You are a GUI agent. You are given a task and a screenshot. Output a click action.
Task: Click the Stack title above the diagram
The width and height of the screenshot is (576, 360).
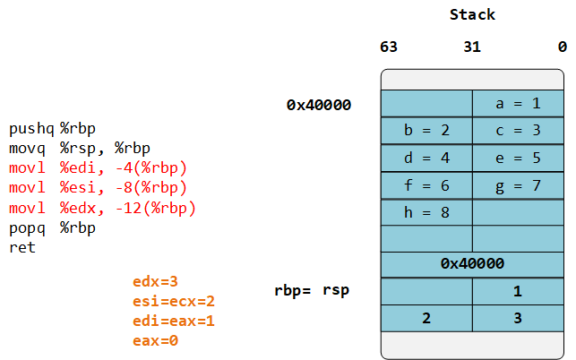tap(472, 15)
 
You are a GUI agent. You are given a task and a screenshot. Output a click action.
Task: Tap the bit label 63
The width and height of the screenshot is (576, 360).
tap(389, 47)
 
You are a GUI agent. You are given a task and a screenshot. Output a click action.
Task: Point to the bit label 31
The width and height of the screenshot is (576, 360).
tap(472, 47)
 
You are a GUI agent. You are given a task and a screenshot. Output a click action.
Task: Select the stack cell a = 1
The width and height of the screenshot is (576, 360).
tap(518, 104)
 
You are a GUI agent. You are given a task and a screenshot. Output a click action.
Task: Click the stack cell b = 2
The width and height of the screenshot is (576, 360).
tap(426, 131)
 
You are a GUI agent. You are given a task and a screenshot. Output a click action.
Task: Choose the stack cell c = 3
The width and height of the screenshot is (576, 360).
tap(518, 131)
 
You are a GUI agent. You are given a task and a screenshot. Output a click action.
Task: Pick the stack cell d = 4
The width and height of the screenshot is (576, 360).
tap(426, 159)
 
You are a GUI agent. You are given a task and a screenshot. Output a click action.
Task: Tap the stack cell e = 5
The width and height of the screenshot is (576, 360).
tap(518, 159)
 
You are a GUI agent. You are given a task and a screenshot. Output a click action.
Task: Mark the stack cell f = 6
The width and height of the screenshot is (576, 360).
tap(426, 186)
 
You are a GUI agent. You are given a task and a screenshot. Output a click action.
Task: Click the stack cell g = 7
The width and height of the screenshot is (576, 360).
tap(518, 186)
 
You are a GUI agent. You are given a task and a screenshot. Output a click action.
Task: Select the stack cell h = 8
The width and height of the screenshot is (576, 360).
tap(426, 213)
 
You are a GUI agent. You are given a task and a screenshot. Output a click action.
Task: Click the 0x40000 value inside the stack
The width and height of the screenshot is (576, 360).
tap(472, 264)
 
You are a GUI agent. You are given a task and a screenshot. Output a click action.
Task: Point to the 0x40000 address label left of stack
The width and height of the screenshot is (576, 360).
tap(319, 105)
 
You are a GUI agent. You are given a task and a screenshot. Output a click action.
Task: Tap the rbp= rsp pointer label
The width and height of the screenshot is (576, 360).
tap(312, 290)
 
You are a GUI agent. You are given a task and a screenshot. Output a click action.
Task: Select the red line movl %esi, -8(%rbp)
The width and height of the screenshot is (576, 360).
tap(98, 188)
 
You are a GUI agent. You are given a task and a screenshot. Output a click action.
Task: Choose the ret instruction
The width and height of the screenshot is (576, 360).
tap(22, 247)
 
